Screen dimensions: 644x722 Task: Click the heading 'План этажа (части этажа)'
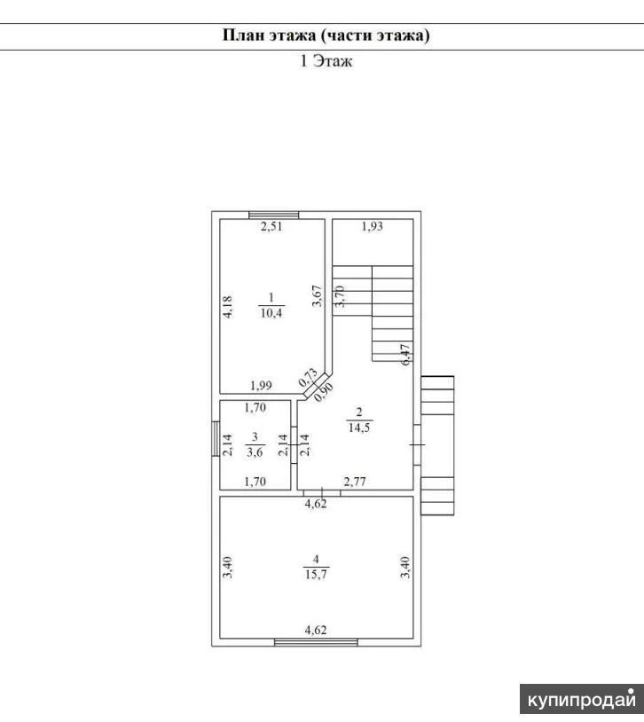click(x=326, y=35)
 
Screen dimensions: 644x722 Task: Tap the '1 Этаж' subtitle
click(x=326, y=61)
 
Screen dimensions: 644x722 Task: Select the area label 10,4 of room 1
click(x=271, y=313)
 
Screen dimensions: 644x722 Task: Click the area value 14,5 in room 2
click(x=359, y=428)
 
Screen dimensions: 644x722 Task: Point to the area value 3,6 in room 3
click(x=255, y=452)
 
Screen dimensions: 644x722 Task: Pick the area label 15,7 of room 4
click(x=316, y=574)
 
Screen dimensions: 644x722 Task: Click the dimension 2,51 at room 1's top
click(x=271, y=226)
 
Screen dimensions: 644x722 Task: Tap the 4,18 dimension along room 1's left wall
click(x=228, y=307)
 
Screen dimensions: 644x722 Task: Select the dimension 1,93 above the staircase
click(x=373, y=226)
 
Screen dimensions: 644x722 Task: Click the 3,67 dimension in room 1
click(x=318, y=296)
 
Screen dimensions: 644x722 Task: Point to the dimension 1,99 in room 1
click(x=261, y=386)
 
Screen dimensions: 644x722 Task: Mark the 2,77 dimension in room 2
click(x=355, y=482)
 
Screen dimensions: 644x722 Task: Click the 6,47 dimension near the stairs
click(x=405, y=355)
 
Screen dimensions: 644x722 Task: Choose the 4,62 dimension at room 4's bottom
click(x=316, y=630)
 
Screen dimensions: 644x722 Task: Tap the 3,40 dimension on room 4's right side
click(x=404, y=568)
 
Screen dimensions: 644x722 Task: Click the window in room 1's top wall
click(x=273, y=215)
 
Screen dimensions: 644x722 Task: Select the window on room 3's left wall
click(x=216, y=439)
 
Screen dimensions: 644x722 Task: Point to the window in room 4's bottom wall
click(x=316, y=642)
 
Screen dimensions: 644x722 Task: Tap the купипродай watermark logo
click(x=582, y=699)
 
